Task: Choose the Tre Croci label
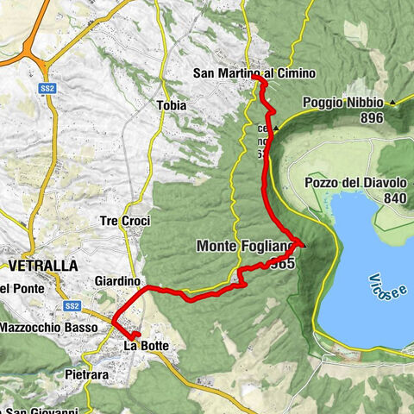coord(126,221)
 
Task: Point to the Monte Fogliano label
coord(246,246)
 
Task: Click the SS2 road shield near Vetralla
coord(72,306)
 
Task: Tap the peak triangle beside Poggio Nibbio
coord(393,103)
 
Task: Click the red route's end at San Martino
coord(256,78)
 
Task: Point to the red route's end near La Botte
coord(135,333)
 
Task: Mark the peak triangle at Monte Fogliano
coord(299,243)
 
